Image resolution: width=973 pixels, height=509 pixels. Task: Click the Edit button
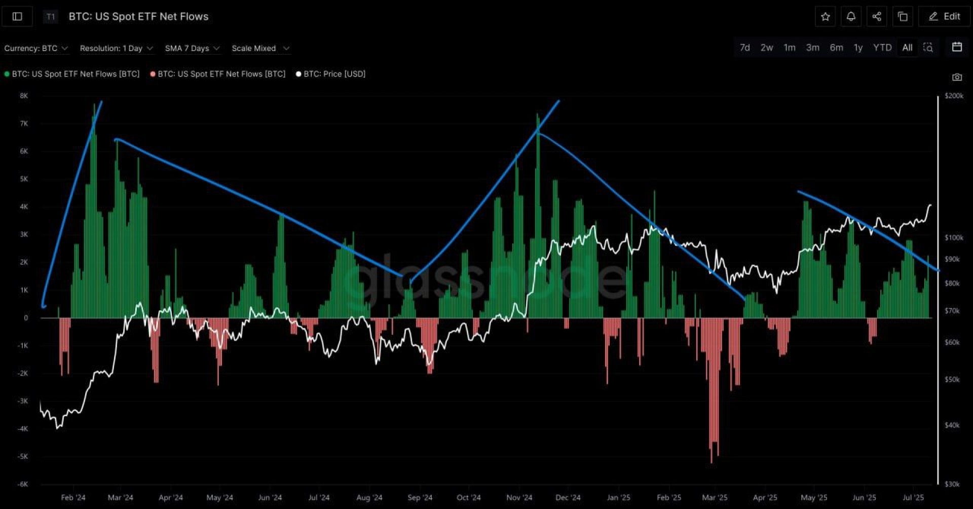944,17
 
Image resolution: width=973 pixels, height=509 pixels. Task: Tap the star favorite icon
826,17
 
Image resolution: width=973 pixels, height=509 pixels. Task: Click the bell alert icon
851,17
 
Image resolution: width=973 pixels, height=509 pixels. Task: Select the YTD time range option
882,48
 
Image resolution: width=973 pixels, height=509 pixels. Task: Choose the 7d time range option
744,48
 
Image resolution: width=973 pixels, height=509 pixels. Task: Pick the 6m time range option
836,48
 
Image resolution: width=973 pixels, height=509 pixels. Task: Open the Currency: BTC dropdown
36,48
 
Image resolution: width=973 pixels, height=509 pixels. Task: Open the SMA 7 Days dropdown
192,48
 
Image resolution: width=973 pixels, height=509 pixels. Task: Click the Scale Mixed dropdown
260,48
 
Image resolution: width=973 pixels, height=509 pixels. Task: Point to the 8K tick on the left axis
24,96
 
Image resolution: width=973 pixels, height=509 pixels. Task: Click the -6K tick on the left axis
22,484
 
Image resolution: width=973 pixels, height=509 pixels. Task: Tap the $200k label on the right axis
954,96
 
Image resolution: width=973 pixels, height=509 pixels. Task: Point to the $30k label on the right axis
952,484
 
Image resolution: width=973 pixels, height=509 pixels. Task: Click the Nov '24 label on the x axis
519,497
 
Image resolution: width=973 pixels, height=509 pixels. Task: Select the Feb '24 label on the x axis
73,497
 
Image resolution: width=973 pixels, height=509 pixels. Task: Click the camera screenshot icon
957,77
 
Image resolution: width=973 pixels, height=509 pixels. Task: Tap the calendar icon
957,47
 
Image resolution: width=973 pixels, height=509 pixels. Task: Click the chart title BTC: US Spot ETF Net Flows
138,17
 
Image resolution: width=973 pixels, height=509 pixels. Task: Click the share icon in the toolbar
877,17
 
